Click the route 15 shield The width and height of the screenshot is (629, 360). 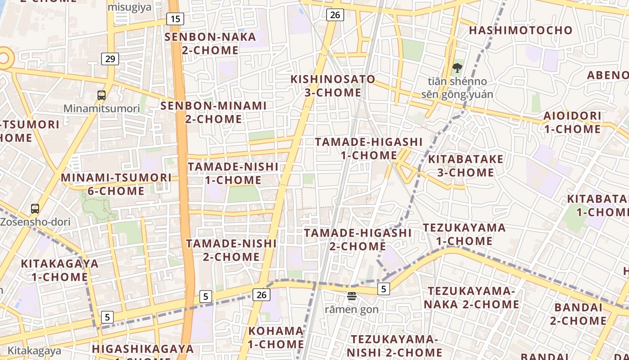(175, 19)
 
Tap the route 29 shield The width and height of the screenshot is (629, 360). (110, 58)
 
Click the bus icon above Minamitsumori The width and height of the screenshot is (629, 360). (102, 95)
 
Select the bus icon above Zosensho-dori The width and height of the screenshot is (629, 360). (35, 209)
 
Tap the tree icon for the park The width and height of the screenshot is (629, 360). (457, 68)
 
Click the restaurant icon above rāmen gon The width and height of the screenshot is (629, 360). (351, 296)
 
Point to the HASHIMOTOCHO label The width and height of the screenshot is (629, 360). (521, 31)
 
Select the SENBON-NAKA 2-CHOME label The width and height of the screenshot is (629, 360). (210, 43)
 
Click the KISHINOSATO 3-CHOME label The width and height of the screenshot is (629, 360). (332, 86)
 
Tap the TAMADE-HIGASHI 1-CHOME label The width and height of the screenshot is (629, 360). (368, 148)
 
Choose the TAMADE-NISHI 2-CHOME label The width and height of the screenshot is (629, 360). (231, 250)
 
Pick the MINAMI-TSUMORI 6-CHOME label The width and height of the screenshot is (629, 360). (116, 184)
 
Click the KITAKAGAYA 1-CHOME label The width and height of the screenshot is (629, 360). (59, 270)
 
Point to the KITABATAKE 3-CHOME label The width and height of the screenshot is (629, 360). (465, 166)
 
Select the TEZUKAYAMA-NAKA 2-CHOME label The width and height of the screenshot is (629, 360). (471, 298)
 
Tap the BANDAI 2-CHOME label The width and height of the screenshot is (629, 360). (578, 314)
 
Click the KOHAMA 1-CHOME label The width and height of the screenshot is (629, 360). (276, 337)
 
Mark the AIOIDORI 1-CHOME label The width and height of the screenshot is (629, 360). (572, 122)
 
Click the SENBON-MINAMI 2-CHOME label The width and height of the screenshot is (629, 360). (213, 112)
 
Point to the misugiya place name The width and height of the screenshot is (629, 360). (129, 7)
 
